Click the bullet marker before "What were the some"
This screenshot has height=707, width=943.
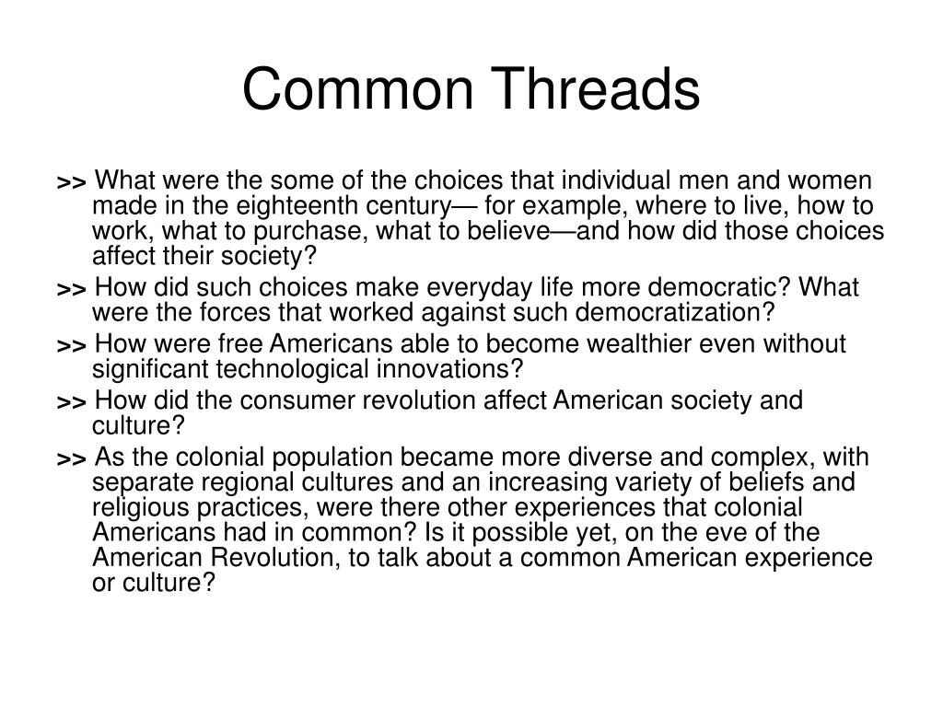pyautogui.click(x=71, y=181)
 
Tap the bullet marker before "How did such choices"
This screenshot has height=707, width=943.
pyautogui.click(x=71, y=289)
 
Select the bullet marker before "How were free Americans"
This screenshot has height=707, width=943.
pyautogui.click(x=71, y=345)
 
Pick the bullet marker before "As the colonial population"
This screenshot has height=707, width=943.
pyautogui.click(x=71, y=459)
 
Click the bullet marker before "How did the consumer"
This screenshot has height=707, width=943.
pyautogui.click(x=71, y=402)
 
